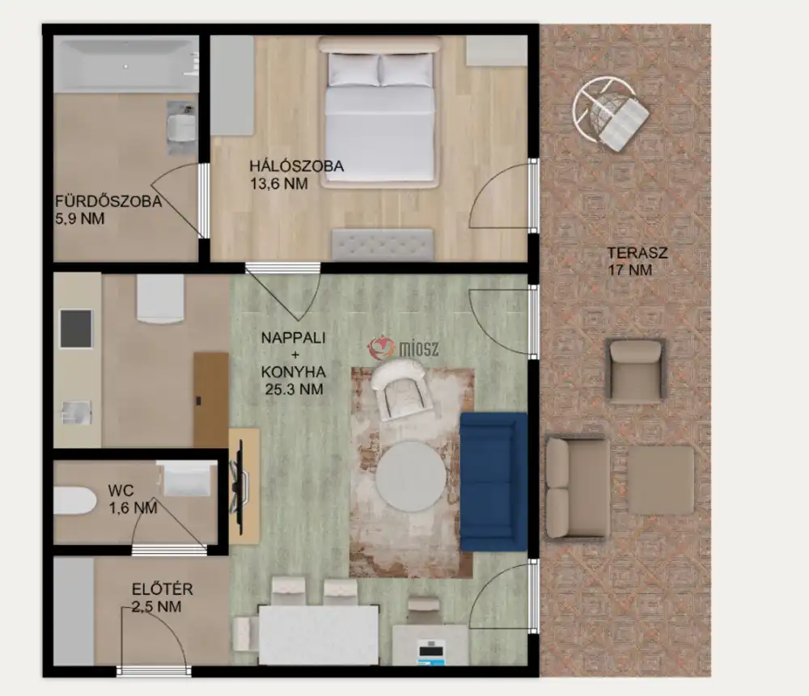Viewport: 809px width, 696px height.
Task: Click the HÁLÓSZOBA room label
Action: coord(297,166)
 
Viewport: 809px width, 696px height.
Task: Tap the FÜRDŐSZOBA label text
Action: coord(109,201)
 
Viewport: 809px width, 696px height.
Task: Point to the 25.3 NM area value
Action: coord(294,389)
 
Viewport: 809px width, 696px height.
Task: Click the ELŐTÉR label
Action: coord(163,588)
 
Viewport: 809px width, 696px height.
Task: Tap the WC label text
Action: coord(121,491)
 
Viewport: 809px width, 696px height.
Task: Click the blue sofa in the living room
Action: coord(493,482)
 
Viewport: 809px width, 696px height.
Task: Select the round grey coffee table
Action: coord(411,476)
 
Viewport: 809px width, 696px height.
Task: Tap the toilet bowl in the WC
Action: coord(75,500)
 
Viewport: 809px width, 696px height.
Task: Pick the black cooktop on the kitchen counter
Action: coord(76,328)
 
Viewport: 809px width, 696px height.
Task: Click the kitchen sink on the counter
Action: coord(76,412)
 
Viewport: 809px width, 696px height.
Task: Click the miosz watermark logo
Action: coord(404,348)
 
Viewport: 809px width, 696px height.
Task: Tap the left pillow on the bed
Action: coord(354,70)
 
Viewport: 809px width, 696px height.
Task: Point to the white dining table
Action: coord(319,635)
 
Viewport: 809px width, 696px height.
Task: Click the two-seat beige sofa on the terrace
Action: coord(577,487)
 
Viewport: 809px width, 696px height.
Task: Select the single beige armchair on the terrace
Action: coord(636,371)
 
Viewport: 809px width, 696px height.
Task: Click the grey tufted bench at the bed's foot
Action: coord(383,245)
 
